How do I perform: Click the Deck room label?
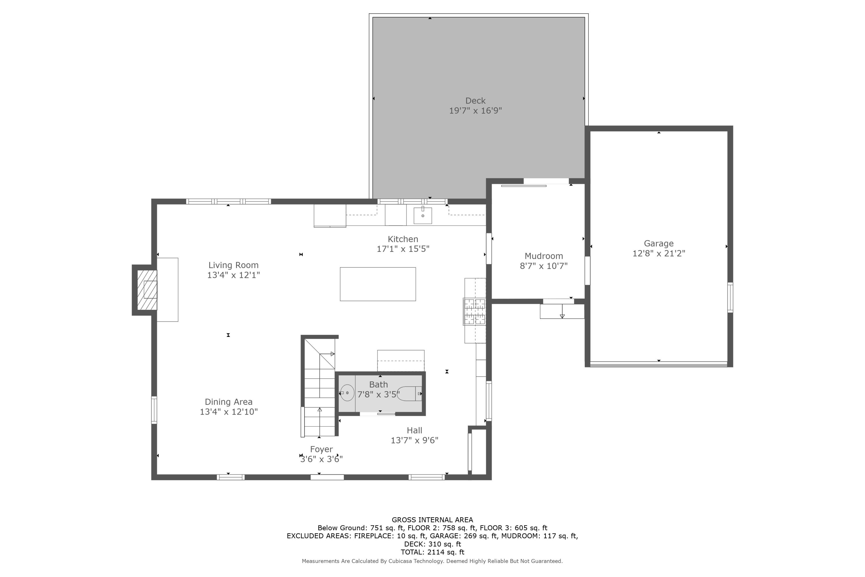475,100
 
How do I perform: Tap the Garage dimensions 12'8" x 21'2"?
659,253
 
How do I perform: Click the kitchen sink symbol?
423,215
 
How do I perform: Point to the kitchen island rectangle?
378,284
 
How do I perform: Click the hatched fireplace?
147,290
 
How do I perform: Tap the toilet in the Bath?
409,394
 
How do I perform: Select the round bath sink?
347,393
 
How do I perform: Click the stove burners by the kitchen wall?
474,311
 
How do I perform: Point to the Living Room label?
233,265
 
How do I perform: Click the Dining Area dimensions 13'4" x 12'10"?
228,411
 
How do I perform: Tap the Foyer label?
321,449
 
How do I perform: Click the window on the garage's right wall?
730,297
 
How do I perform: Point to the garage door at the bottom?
658,364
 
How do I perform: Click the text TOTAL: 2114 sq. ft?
432,552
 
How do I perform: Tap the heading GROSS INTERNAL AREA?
432,520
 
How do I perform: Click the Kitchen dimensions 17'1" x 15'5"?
403,249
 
